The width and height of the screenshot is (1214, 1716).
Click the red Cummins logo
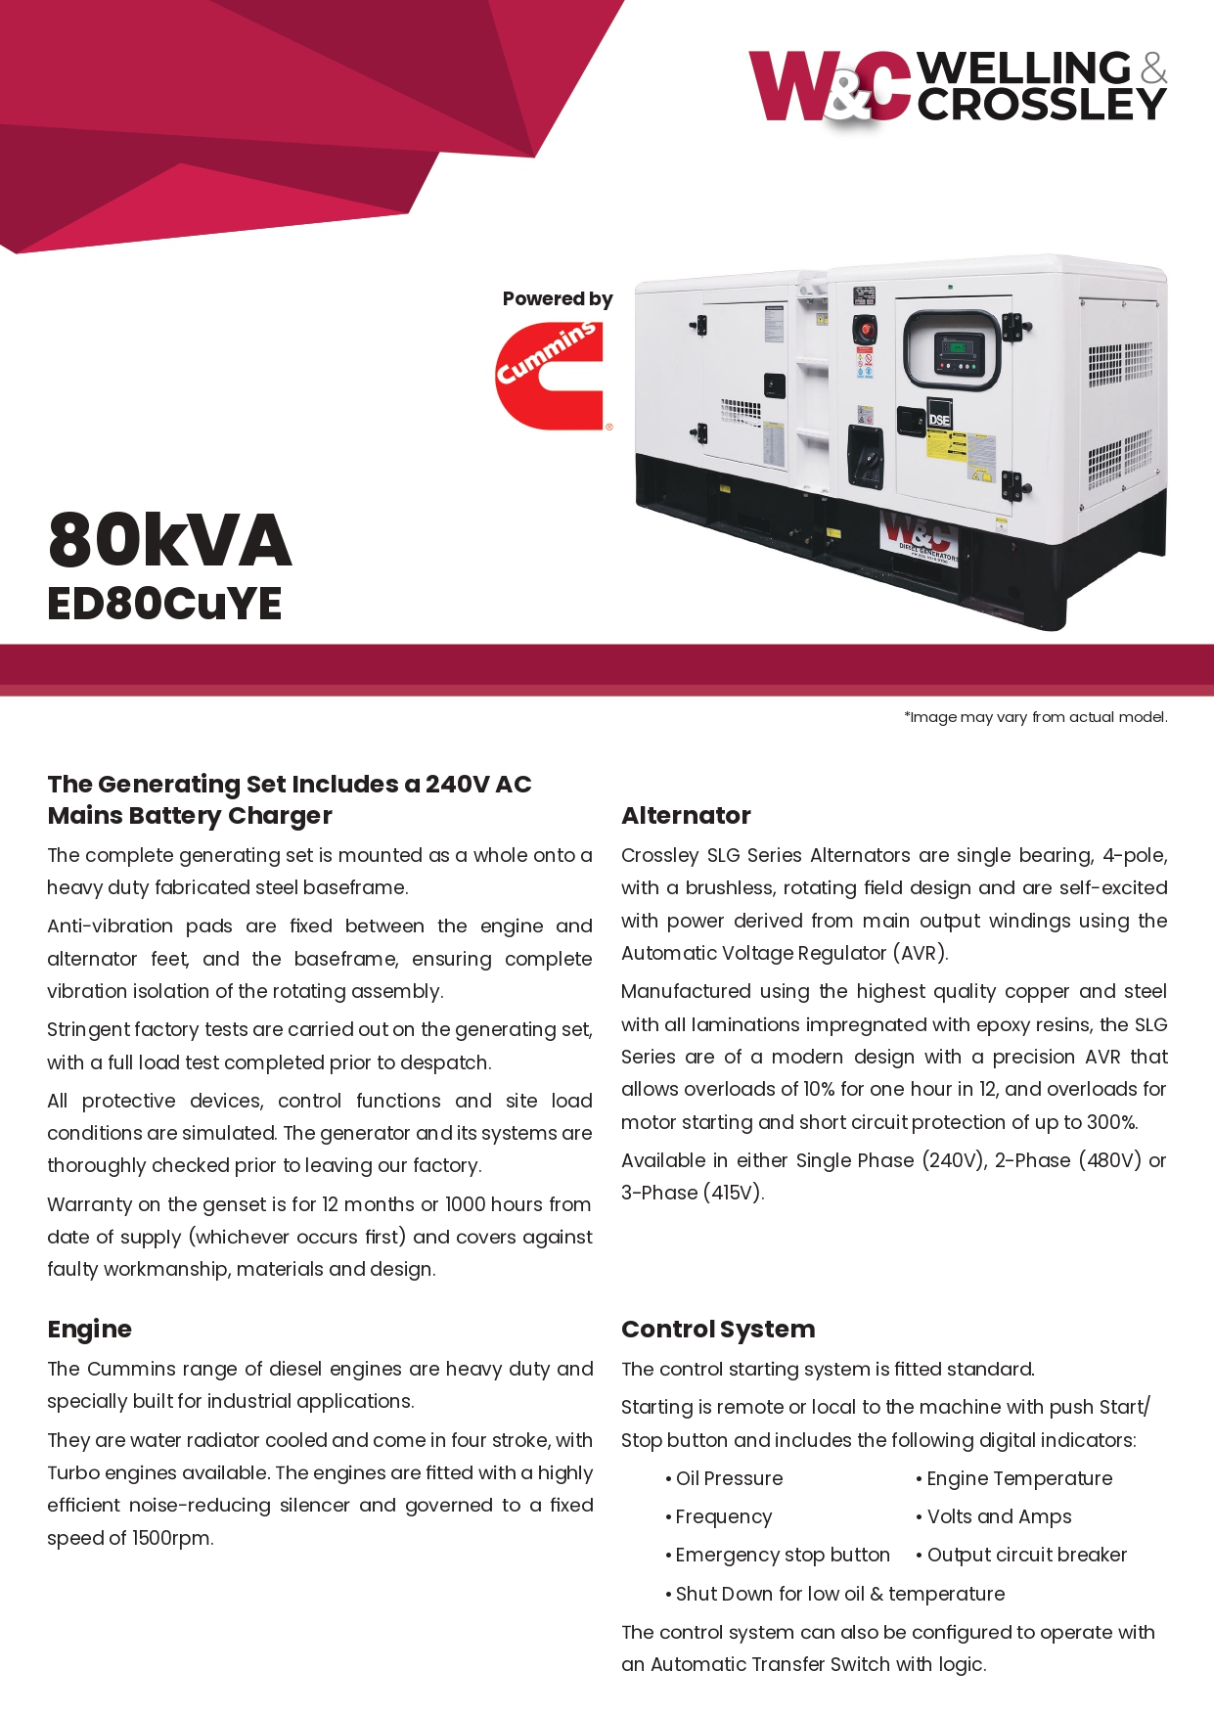point(550,377)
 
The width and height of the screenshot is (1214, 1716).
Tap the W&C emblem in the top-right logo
point(830,88)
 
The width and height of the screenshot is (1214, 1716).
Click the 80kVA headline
point(170,540)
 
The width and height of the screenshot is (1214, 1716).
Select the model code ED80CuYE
point(164,604)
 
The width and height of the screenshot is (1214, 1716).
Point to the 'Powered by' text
point(557,299)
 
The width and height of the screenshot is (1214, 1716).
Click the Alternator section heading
point(686,816)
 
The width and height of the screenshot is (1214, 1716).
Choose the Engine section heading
point(89,1330)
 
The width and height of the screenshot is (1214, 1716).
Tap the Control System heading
point(718,1330)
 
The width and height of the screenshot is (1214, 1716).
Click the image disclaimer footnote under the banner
point(1036,717)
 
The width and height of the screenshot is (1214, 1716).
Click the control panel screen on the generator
point(953,346)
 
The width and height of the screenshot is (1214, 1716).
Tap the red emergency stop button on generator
point(865,325)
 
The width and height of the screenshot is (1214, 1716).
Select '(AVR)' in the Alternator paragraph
point(919,954)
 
